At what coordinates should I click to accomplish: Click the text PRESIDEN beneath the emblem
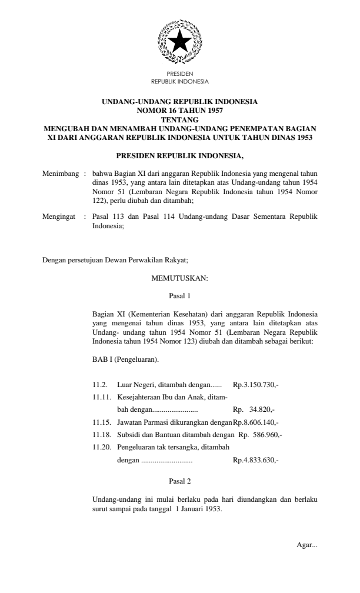pos(179,74)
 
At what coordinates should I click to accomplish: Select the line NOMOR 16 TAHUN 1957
pos(179,109)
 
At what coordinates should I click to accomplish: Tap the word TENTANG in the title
pos(179,118)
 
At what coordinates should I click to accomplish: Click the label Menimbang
pos(61,175)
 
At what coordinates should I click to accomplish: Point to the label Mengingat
pos(61,216)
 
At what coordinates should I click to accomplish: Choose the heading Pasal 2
pos(179,482)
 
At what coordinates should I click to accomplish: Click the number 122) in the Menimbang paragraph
pos(102,200)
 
